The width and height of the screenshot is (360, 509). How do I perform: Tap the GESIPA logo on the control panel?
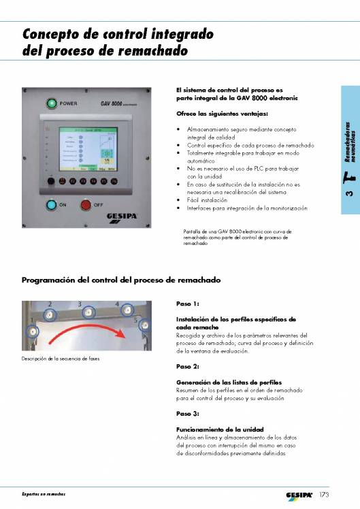point(126,217)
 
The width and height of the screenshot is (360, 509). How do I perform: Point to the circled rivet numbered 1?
point(30,331)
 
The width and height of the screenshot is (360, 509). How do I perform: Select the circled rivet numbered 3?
point(87,312)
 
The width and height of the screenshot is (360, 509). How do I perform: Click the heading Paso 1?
point(187,304)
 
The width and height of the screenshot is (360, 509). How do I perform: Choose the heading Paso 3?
point(187,413)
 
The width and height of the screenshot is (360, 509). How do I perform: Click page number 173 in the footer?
point(326,495)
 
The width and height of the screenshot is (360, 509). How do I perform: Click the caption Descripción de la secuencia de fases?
point(61,359)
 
